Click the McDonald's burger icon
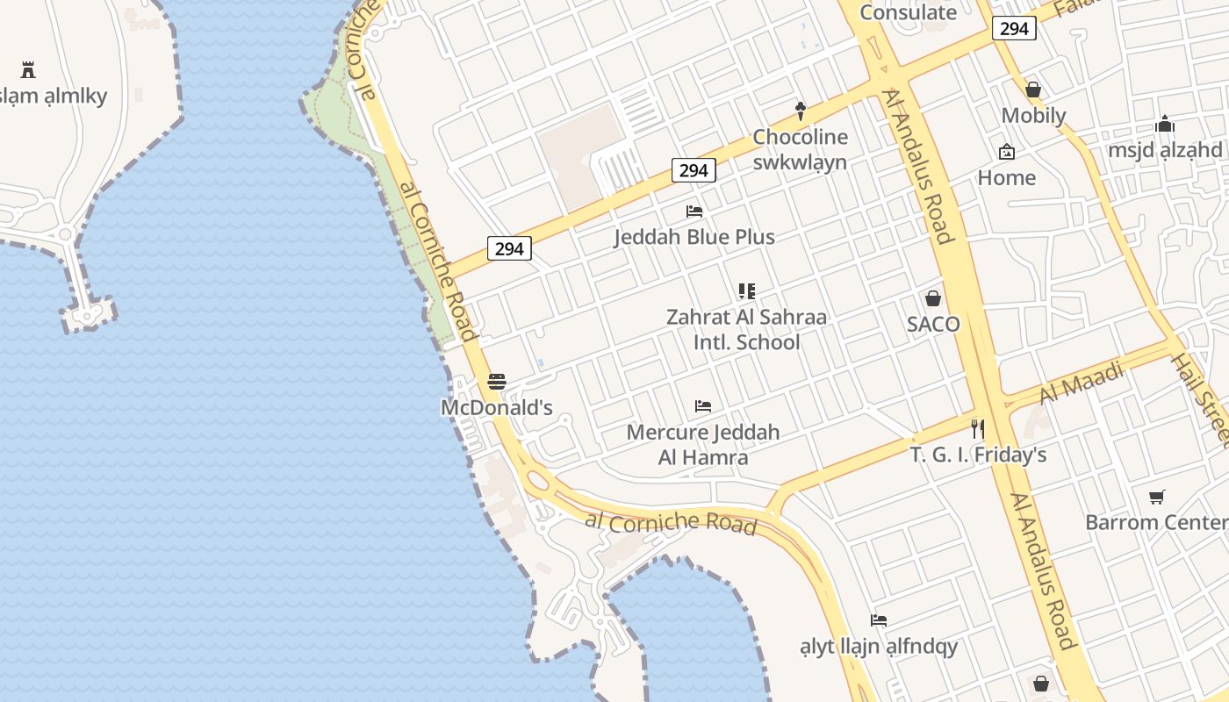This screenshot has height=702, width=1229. (x=497, y=382)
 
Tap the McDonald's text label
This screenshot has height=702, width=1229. (x=496, y=407)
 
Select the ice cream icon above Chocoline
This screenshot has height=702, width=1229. (x=800, y=111)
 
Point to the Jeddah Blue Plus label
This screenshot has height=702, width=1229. (x=694, y=237)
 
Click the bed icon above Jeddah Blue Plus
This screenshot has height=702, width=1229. (x=694, y=211)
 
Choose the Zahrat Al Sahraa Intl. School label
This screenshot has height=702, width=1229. (x=746, y=329)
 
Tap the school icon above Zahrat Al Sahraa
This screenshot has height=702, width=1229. (x=747, y=290)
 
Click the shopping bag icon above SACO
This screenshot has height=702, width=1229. (x=933, y=298)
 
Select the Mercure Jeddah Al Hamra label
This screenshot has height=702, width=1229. (x=703, y=445)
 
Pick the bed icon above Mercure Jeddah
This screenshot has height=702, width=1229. (x=703, y=406)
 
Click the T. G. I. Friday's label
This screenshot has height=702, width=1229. (x=978, y=455)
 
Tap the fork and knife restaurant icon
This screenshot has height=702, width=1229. (x=978, y=429)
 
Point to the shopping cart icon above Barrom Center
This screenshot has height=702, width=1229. (x=1157, y=498)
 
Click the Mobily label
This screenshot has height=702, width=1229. (x=1033, y=116)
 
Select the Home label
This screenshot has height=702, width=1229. (x=1006, y=177)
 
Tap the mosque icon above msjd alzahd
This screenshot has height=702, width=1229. (x=1165, y=125)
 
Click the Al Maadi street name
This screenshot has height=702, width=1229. (x=1082, y=383)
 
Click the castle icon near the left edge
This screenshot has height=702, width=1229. (x=28, y=69)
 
